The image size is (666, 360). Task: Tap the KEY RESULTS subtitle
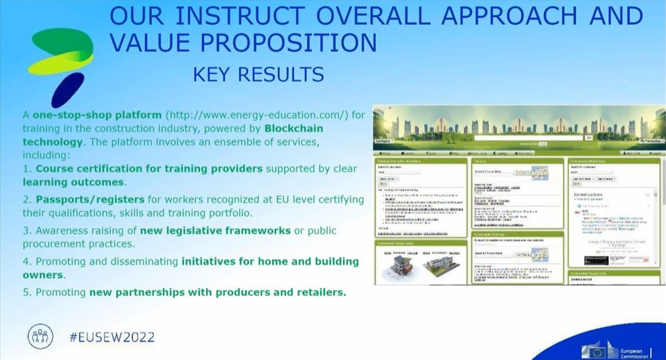(x=258, y=73)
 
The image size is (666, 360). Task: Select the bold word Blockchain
(x=293, y=128)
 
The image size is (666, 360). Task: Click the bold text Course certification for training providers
(x=149, y=168)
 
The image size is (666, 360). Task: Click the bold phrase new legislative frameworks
(x=216, y=230)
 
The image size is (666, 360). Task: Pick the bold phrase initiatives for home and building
(x=270, y=261)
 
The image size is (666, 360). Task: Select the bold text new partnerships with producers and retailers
(x=218, y=292)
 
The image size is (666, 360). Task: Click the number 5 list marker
(x=26, y=292)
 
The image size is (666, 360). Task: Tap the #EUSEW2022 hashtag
(x=112, y=337)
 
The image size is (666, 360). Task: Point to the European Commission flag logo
(x=595, y=350)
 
